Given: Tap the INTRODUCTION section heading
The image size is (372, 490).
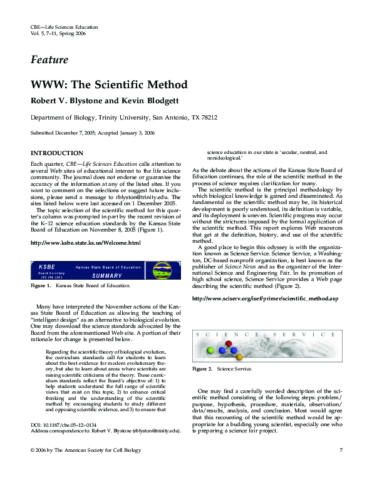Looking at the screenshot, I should coord(57,153).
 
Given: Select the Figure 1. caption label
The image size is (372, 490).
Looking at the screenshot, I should coord(41,286).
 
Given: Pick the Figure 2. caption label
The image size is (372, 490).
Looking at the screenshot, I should coord(202,369).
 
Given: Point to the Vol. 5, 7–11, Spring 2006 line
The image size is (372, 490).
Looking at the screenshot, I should coord(58,33).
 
